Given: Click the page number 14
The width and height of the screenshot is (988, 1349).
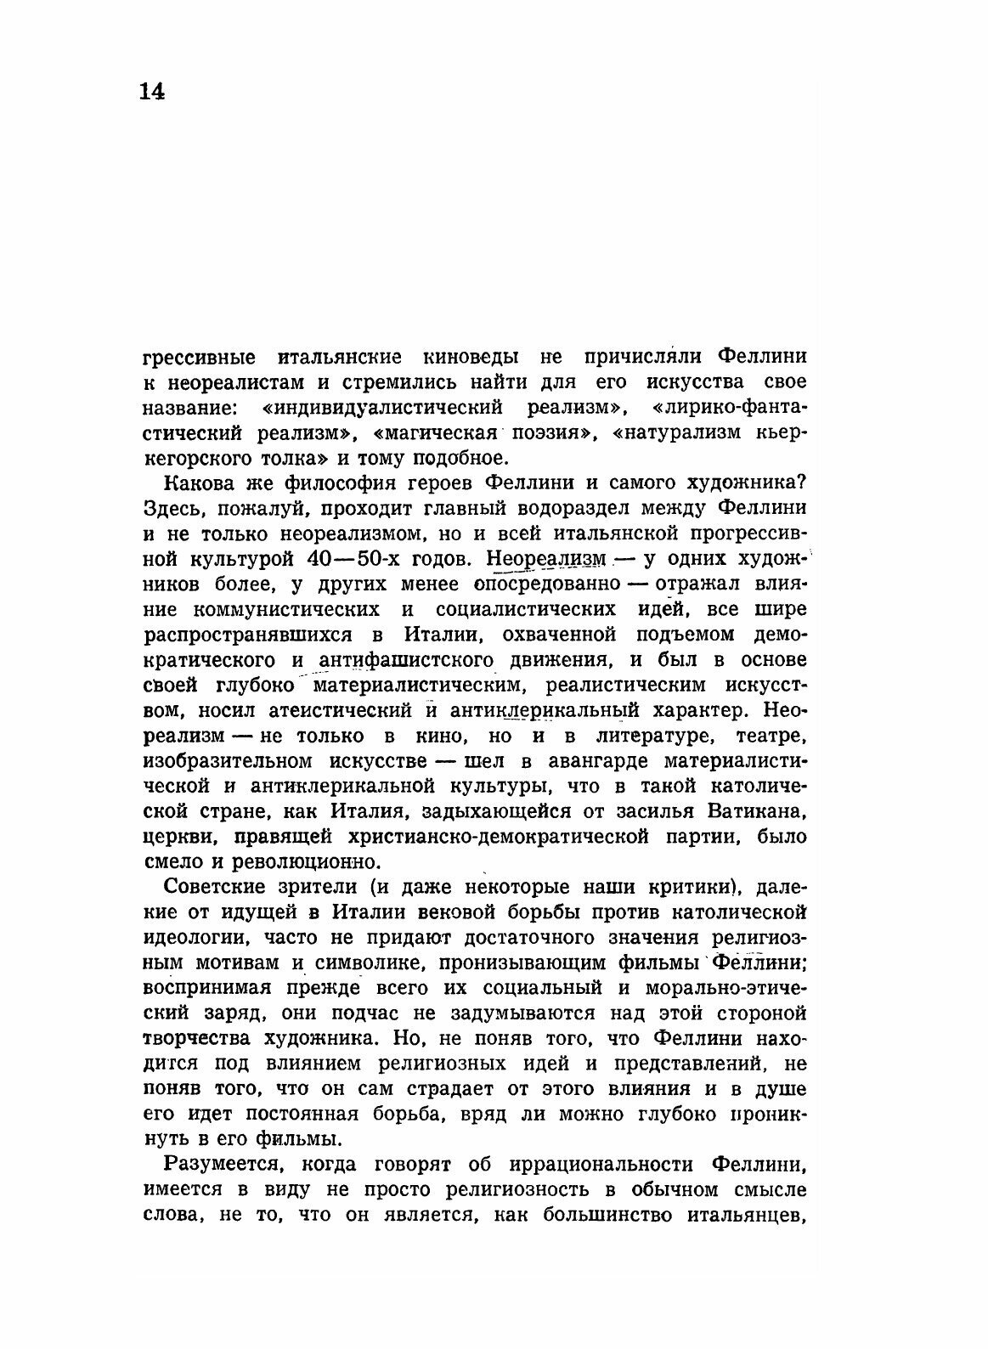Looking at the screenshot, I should click(x=152, y=92).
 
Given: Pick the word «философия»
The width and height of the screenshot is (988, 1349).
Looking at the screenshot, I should click(x=340, y=483).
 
